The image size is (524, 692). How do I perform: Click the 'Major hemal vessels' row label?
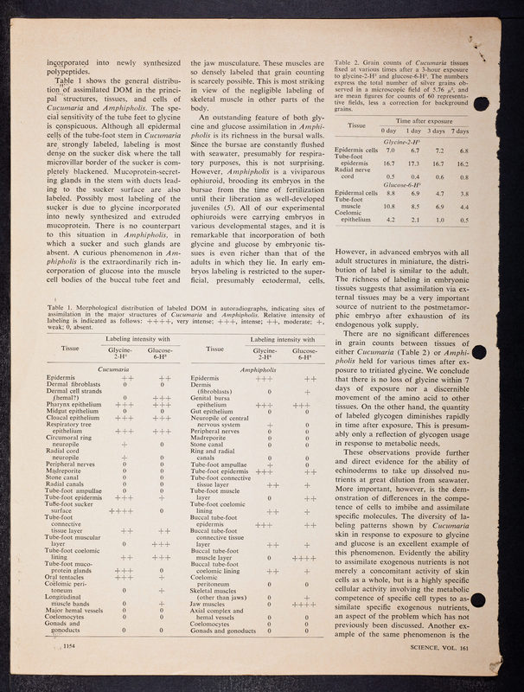(x=65, y=635)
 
